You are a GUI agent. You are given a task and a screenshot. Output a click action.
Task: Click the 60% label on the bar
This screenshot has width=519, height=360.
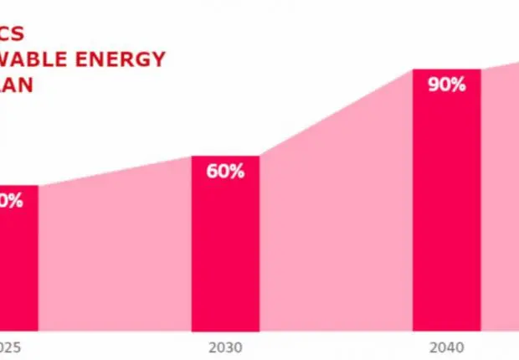pos(226,172)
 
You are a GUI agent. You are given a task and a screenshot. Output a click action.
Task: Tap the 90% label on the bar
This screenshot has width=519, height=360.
pos(446,85)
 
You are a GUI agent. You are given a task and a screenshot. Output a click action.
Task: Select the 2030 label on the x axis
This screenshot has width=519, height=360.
pos(226,346)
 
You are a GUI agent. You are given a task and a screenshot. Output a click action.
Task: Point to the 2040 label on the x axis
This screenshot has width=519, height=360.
pos(446,346)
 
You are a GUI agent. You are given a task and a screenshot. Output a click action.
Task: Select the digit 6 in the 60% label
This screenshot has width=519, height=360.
pos(213,172)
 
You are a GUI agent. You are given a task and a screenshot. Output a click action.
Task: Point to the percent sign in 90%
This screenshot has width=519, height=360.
pos(458,85)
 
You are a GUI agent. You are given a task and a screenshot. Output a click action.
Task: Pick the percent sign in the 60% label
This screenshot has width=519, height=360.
pos(238,172)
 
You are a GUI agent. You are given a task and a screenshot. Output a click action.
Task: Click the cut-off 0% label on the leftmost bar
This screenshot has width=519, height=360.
pos(13,201)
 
